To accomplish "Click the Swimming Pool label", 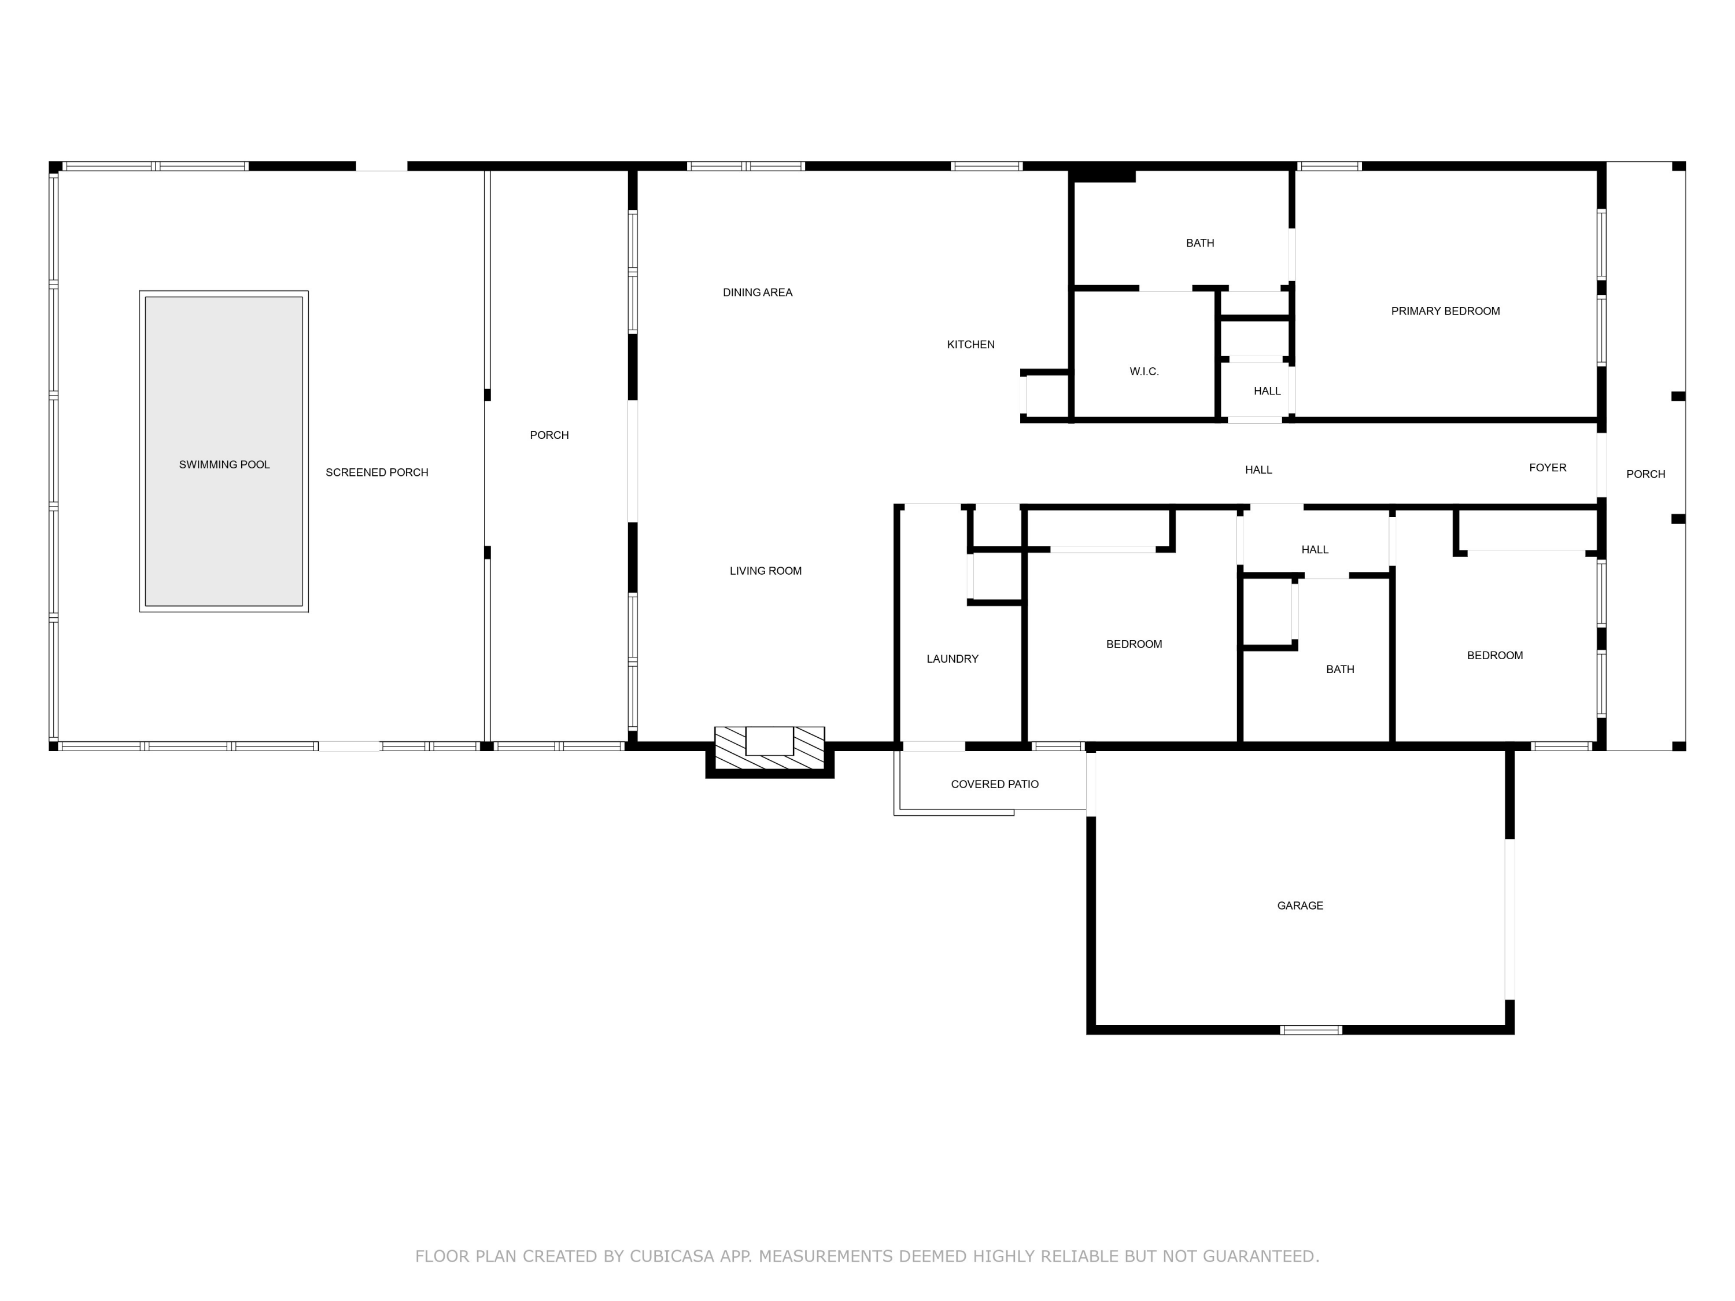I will (x=224, y=464).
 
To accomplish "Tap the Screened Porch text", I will (x=376, y=472).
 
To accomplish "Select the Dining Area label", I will (x=757, y=293).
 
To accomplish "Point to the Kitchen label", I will (x=970, y=344).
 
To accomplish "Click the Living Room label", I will (x=766, y=571).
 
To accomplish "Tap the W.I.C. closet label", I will (x=1143, y=372).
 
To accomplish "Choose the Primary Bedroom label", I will (x=1445, y=311).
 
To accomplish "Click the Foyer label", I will (x=1548, y=467).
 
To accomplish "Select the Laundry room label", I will (x=952, y=659).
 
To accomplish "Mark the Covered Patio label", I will (x=995, y=784).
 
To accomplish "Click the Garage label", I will (x=1300, y=905).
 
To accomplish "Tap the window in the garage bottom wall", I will (x=1311, y=1030).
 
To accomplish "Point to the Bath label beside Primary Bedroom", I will (x=1199, y=243).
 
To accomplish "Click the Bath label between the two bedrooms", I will (x=1339, y=669).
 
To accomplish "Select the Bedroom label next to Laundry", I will (x=1134, y=644).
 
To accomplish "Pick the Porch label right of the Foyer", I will (x=1645, y=474).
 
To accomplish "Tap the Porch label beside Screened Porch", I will (x=549, y=435).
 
